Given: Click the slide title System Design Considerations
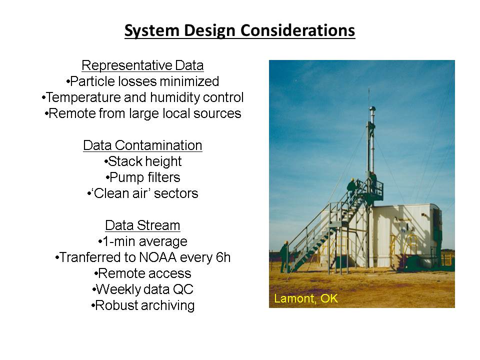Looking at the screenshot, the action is tap(239, 31).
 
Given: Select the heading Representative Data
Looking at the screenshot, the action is tap(142, 65).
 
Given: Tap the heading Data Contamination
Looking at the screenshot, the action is tap(142, 145).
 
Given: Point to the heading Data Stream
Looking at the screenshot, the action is tap(142, 225).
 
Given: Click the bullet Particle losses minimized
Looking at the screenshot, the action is tap(142, 81).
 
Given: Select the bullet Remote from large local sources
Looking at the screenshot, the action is tap(142, 113).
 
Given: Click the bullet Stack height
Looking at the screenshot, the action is tap(142, 161).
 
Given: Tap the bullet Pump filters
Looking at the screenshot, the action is tap(142, 177).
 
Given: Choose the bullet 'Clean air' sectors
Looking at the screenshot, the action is tap(142, 193).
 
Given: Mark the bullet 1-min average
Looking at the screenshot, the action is tap(142, 241).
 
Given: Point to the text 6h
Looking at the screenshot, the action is tap(223, 257).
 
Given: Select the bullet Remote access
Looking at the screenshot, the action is tap(142, 273).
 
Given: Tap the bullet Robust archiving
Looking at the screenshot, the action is tap(142, 305).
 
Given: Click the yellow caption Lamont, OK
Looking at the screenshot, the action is tap(306, 298).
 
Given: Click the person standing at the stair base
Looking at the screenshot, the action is tap(284, 256).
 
